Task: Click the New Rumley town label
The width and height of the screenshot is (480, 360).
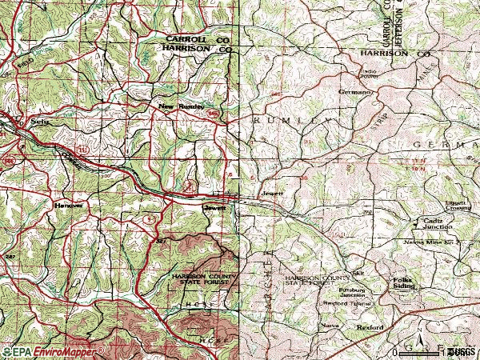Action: (182, 106)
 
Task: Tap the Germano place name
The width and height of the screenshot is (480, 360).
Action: (355, 92)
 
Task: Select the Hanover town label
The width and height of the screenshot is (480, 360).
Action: (68, 205)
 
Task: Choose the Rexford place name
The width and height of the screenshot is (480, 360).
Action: (370, 328)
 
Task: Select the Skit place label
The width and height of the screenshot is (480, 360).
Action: (357, 272)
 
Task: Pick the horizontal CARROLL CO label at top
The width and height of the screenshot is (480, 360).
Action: (198, 38)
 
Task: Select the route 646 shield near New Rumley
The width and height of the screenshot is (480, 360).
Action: (212, 114)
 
